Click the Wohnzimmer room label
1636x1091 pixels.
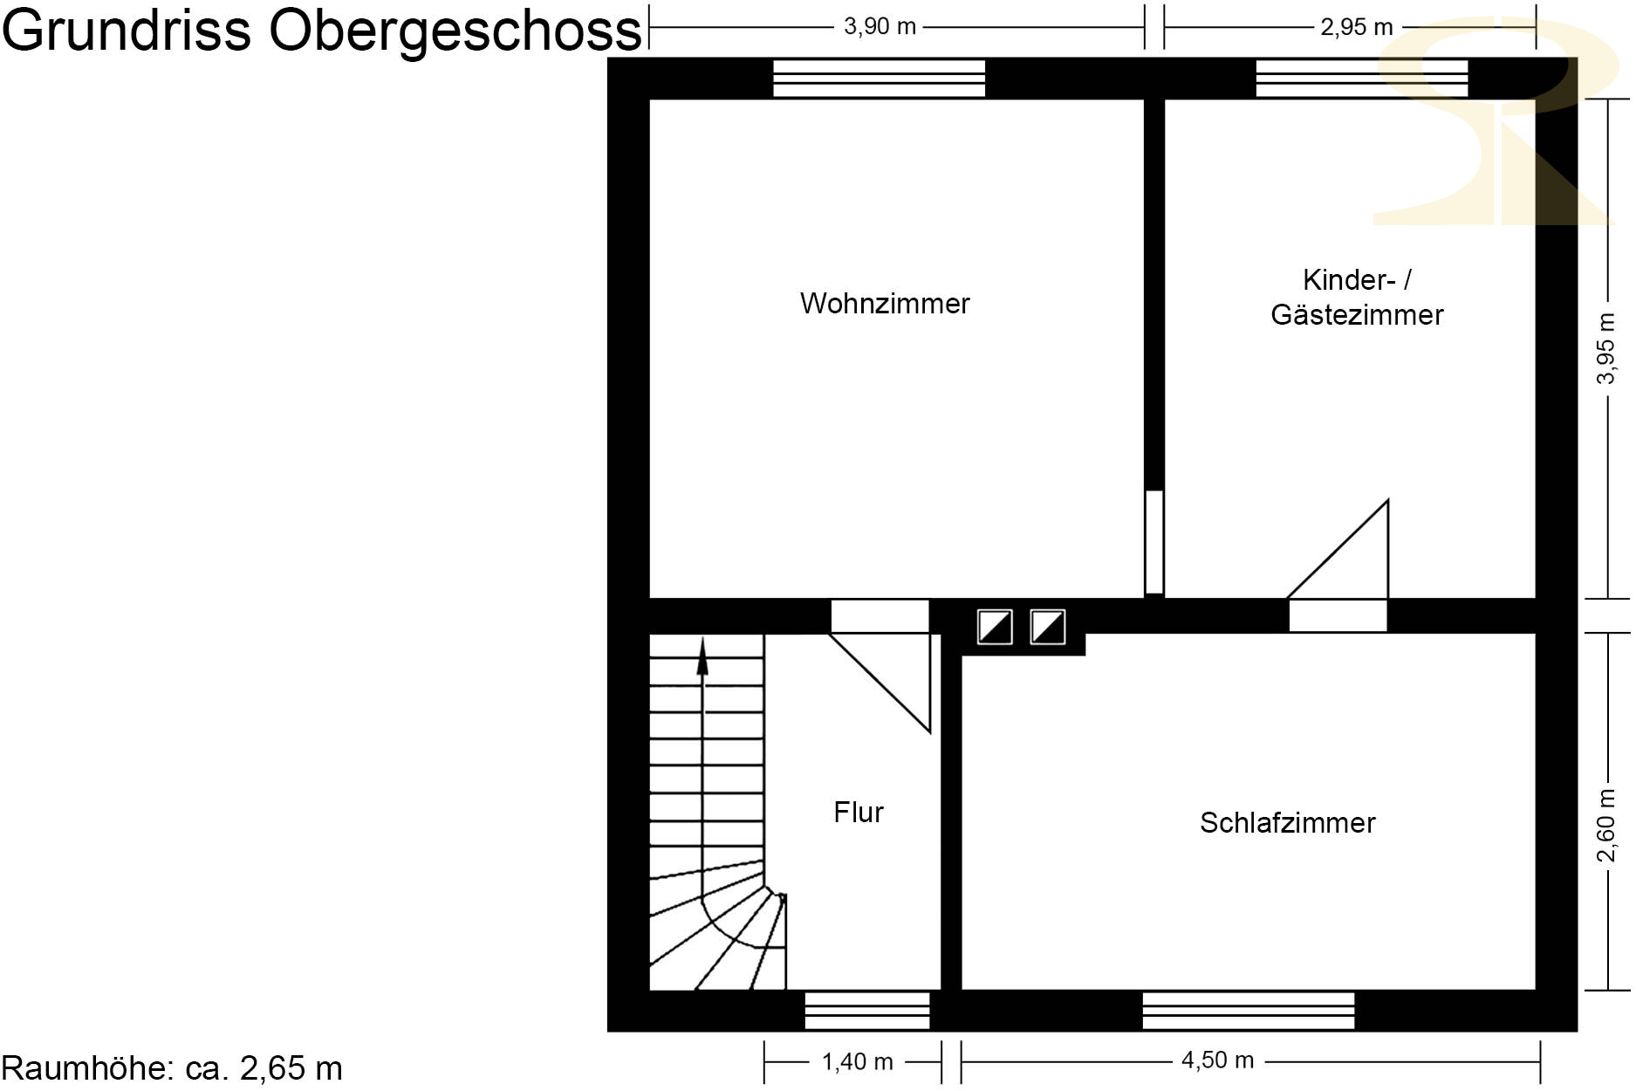pos(885,304)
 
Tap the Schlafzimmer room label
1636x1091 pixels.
pos(1288,823)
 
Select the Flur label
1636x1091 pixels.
pos(859,813)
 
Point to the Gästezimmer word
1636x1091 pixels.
pos(1357,314)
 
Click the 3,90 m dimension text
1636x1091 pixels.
pos(880,26)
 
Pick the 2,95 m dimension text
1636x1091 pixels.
pos(1357,27)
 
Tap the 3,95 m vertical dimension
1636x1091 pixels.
pos(1606,348)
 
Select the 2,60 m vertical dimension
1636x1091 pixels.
pos(1606,826)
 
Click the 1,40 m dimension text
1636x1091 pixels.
pos(857,1062)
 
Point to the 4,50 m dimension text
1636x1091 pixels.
pos(1218,1060)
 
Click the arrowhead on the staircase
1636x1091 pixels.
pos(702,655)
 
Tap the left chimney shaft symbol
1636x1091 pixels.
pos(995,627)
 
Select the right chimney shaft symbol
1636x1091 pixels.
pos(1048,627)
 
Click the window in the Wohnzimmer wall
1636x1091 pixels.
pos(880,78)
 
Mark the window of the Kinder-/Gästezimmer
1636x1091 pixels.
pos(1362,78)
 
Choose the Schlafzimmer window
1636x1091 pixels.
pos(1249,1011)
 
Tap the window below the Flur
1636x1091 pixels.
pos(867,1011)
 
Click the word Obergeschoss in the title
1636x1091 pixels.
pos(455,31)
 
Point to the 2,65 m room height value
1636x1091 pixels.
pos(291,1068)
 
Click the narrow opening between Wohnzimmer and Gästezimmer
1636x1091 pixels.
pos(1154,542)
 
